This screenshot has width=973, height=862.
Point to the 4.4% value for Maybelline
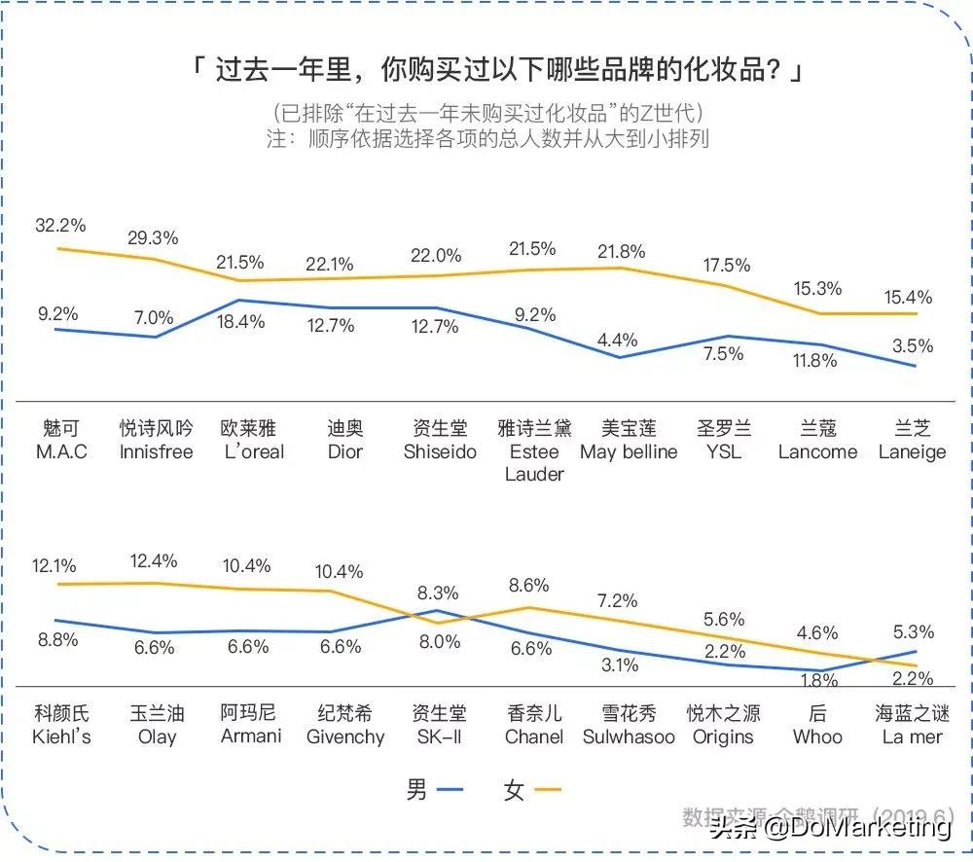pos(618,340)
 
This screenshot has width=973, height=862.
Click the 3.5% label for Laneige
pos(912,345)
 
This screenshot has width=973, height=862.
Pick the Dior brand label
pos(344,441)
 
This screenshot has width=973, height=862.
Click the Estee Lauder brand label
pos(534,451)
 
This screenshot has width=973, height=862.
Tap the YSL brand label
pos(723,441)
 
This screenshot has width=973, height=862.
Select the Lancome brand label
pos(817,441)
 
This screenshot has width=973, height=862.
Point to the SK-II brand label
pos(439,725)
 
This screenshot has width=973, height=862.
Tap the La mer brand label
pos(912,725)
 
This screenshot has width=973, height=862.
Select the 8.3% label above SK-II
pos(439,592)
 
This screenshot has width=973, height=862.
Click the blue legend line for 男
pos(450,790)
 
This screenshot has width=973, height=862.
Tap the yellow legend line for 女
pos(548,790)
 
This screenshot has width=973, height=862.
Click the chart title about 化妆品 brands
pos(496,71)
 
